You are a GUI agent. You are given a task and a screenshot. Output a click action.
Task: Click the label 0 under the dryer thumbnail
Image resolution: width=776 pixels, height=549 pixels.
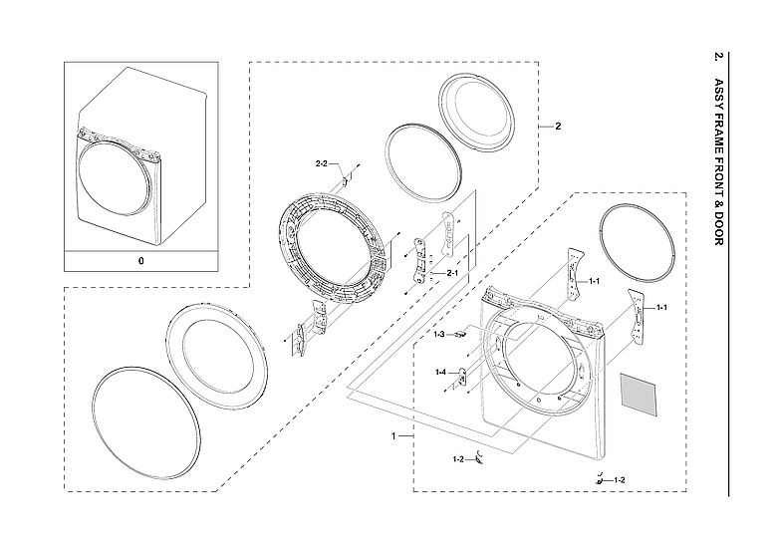[x=140, y=260]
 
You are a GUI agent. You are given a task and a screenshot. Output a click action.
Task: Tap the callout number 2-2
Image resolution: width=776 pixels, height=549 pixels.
[x=322, y=162]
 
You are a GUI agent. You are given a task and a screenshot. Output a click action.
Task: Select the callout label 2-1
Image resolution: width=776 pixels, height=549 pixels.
[x=451, y=273]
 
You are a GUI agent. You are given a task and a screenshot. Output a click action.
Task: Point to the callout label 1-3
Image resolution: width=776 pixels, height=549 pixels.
[x=438, y=335]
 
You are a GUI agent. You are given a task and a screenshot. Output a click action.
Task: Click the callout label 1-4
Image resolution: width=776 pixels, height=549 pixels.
[x=439, y=372]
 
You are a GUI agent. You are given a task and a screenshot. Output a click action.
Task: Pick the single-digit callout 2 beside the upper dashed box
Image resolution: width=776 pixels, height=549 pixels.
[x=558, y=127]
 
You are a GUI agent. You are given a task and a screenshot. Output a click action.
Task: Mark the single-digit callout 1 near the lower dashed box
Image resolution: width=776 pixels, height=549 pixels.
[x=394, y=436]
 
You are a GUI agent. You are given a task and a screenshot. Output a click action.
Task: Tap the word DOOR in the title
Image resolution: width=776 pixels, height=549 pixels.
[x=719, y=226]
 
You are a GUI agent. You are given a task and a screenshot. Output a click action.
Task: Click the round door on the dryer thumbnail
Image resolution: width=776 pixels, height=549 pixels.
[x=117, y=180]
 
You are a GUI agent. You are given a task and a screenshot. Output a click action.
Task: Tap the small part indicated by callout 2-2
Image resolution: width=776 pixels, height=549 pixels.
[x=346, y=180]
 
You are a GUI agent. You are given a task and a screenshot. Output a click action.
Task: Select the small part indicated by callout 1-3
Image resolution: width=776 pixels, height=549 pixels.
[x=460, y=336]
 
